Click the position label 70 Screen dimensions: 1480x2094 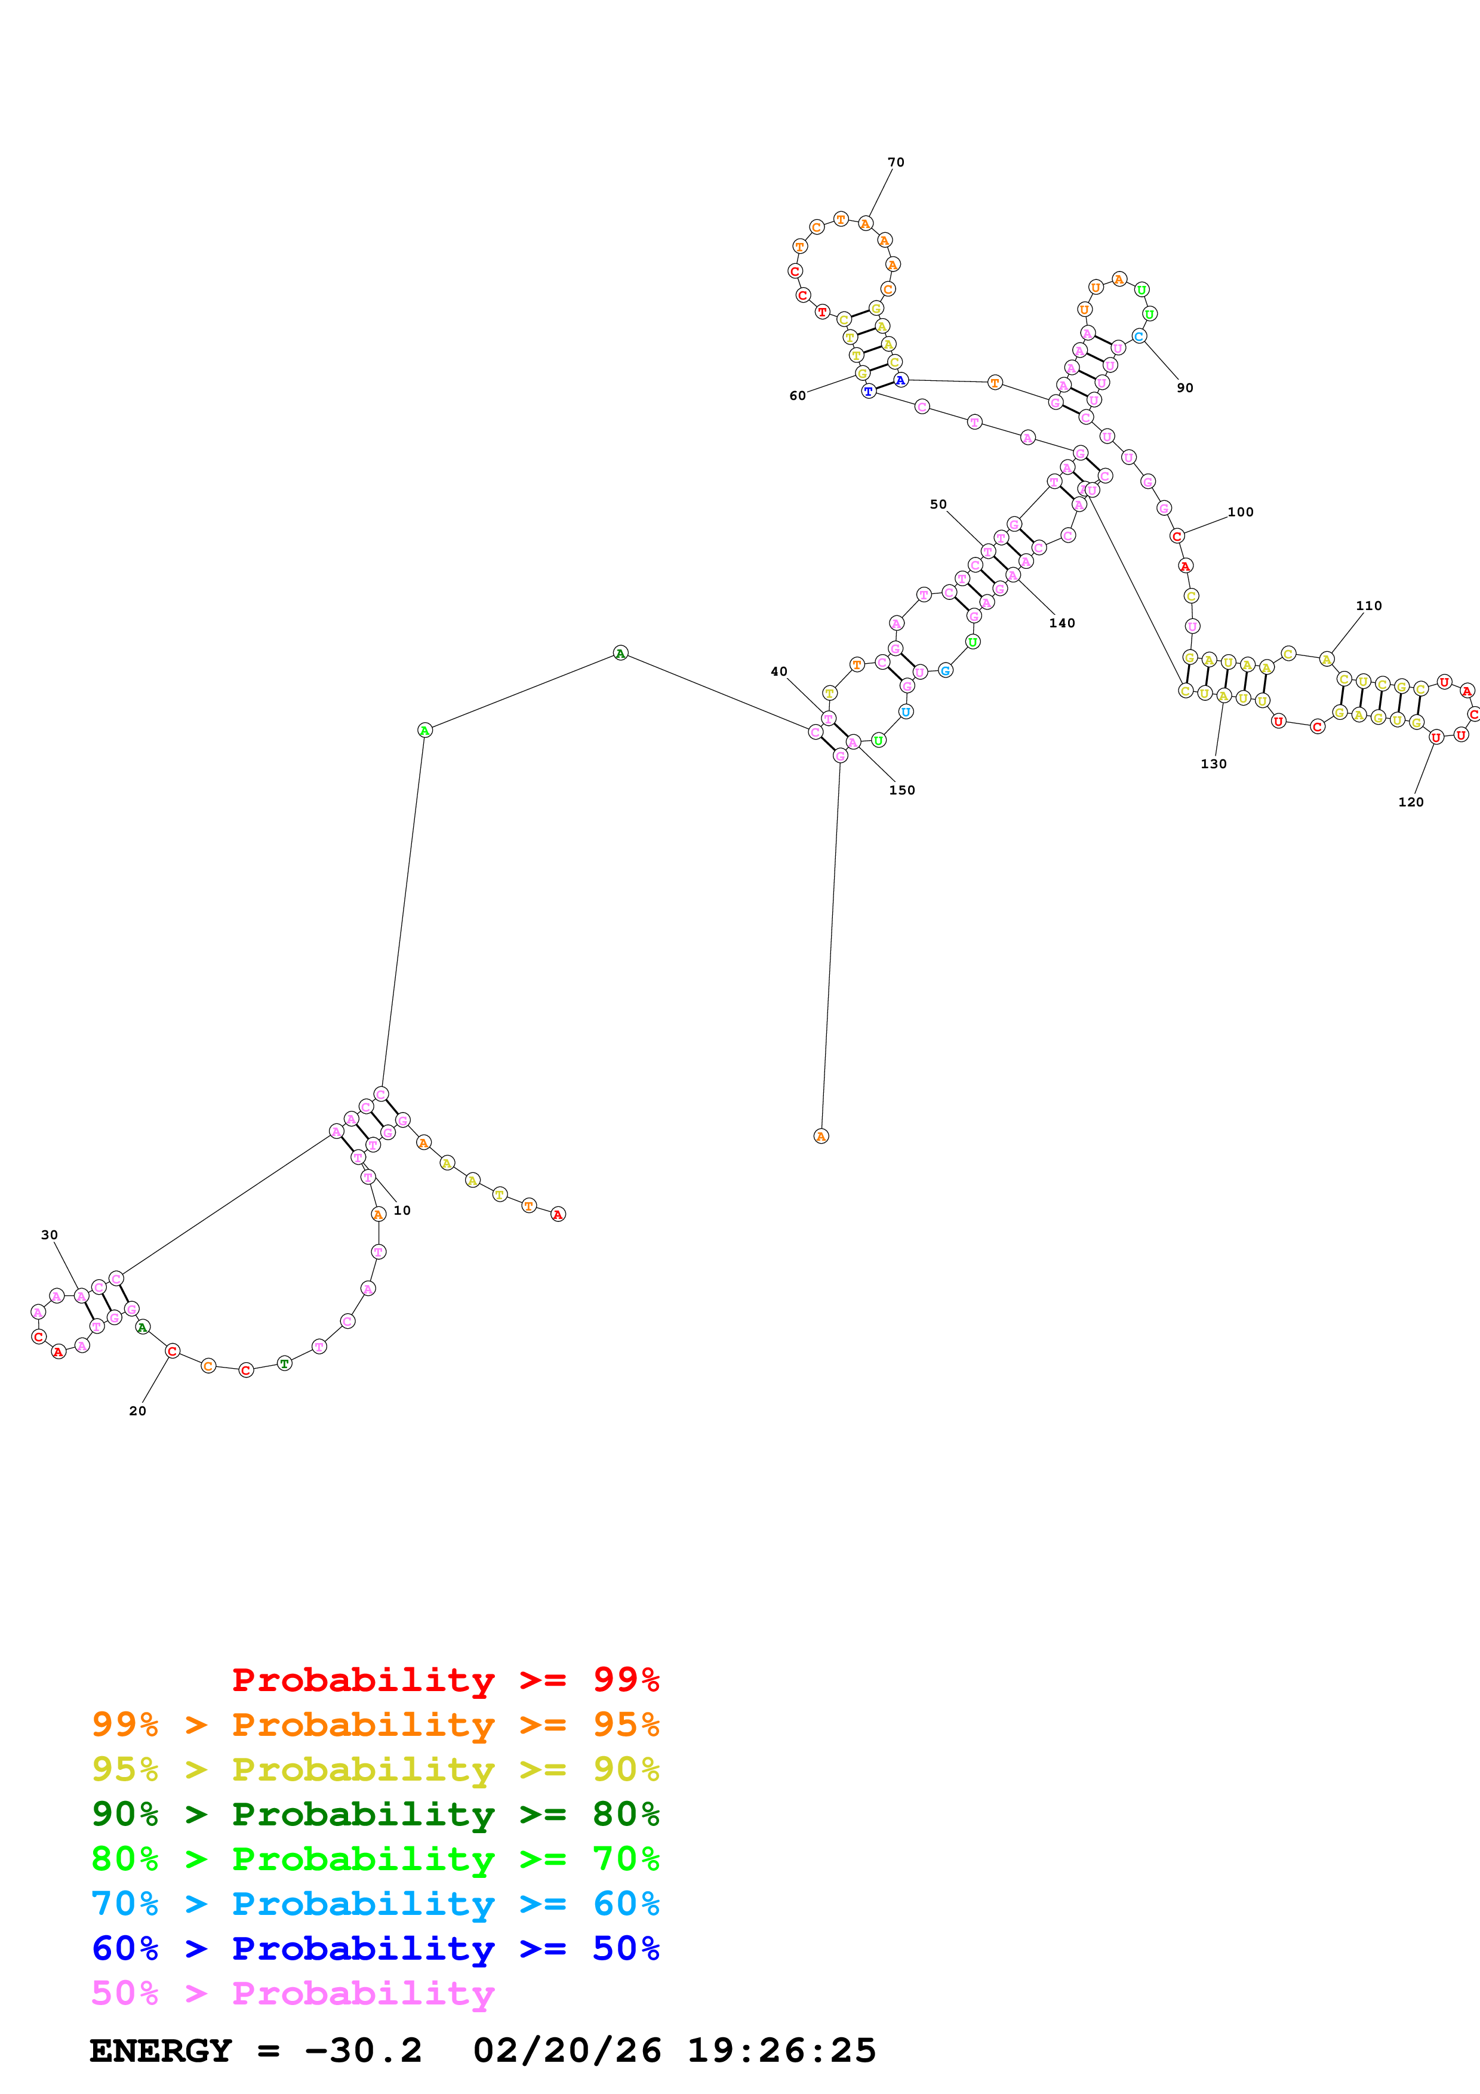click(x=896, y=162)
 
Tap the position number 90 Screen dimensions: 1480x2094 click(x=1184, y=387)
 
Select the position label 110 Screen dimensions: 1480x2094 click(x=1368, y=606)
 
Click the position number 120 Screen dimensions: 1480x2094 click(x=1410, y=802)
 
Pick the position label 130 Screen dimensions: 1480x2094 click(x=1213, y=763)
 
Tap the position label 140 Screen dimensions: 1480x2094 click(x=1061, y=623)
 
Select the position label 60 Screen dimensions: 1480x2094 click(x=797, y=396)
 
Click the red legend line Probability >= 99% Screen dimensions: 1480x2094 click(x=445, y=1680)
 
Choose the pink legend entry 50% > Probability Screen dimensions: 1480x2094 click(x=293, y=1994)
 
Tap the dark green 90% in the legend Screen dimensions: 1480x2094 click(x=125, y=1815)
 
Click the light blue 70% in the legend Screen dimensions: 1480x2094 click(x=125, y=1904)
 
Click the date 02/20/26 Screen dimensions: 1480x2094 click(x=567, y=2051)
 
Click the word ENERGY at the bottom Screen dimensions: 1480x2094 click(x=161, y=2051)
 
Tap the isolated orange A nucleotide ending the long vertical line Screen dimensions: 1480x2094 click(x=821, y=1135)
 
